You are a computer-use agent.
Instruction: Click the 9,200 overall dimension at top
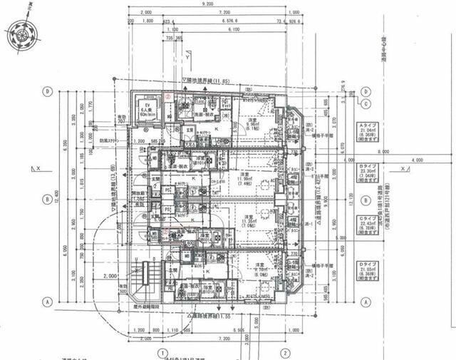pyautogui.click(x=208, y=4)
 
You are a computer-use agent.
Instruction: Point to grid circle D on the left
pyautogui.click(x=48, y=91)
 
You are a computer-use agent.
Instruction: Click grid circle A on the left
pyautogui.click(x=48, y=302)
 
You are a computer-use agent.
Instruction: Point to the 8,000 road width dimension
pyautogui.click(x=385, y=152)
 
